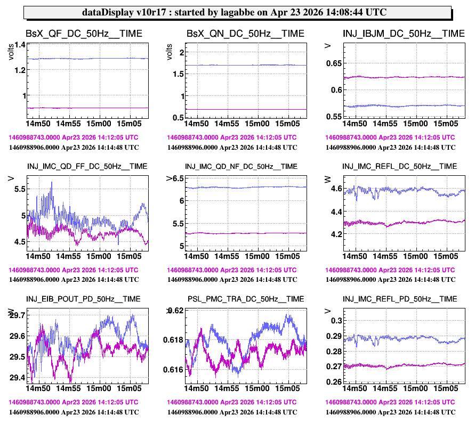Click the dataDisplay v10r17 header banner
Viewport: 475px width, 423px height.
[237, 12]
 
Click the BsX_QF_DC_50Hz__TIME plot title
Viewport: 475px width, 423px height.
[84, 34]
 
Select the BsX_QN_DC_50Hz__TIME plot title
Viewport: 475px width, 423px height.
[245, 34]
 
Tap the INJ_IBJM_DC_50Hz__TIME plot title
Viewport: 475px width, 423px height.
[404, 34]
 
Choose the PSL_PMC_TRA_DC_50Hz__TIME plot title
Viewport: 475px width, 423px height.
[246, 299]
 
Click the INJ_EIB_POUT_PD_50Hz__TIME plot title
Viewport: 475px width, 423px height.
[84, 299]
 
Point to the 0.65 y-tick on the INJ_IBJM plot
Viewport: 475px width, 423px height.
[333, 64]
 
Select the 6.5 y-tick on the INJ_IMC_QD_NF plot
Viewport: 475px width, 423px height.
[177, 178]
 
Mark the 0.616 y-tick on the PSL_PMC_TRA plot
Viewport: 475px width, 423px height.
[174, 369]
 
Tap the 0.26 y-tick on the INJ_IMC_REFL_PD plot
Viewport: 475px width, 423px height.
[333, 382]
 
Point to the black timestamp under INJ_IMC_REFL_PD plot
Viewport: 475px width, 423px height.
[390, 412]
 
